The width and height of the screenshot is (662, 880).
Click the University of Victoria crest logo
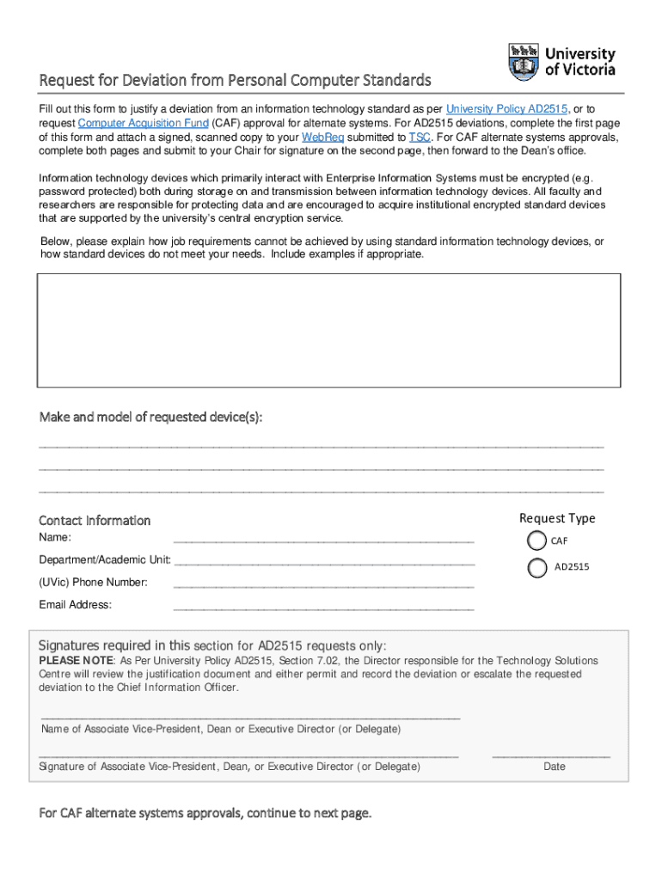click(x=524, y=62)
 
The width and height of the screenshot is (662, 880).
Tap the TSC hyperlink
click(x=420, y=137)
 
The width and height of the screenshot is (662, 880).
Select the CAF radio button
click(x=536, y=541)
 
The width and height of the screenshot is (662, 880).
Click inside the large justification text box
click(x=328, y=330)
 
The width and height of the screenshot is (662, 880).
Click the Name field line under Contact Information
click(x=323, y=541)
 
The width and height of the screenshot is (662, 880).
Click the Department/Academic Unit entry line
click(x=323, y=563)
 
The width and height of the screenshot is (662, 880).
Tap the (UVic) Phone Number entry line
click(x=323, y=585)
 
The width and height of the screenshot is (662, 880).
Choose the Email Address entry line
click(x=323, y=608)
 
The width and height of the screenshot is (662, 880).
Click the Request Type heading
click(x=557, y=518)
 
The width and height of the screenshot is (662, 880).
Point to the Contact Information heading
click(x=95, y=521)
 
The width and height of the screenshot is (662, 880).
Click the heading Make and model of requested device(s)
click(x=150, y=418)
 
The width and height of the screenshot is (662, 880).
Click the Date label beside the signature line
click(x=555, y=767)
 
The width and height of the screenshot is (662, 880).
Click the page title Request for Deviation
click(x=235, y=81)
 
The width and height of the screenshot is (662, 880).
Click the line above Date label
click(x=551, y=755)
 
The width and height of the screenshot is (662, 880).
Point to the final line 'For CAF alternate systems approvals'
click(x=205, y=813)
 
